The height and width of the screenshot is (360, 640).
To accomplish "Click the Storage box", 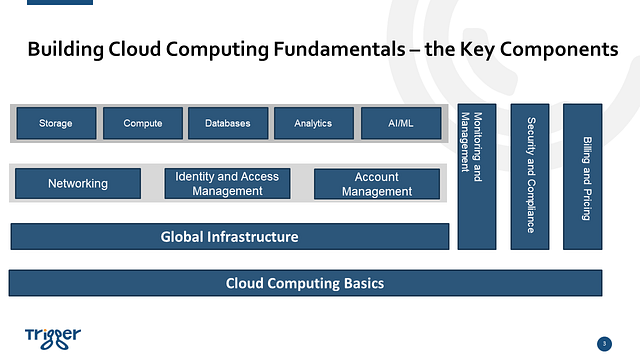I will tap(56, 123).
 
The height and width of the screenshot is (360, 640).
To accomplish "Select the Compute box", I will tap(143, 123).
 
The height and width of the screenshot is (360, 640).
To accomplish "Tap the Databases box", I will tap(228, 123).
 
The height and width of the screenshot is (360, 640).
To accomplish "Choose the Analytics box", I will tap(313, 123).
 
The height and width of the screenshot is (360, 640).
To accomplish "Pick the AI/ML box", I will tap(399, 123).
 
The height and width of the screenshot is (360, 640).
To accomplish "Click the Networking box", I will tap(78, 184).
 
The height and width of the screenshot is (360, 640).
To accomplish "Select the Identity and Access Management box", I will tap(227, 184).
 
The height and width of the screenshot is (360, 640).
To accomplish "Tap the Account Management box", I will tap(376, 184).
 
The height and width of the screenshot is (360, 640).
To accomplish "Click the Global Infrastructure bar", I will tap(229, 237).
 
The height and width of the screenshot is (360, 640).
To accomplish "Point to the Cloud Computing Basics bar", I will tap(305, 283).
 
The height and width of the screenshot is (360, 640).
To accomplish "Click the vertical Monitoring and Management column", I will tap(476, 176).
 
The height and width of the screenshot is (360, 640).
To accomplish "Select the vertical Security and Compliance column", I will tap(530, 176).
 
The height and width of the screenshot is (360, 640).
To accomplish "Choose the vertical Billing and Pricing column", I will tap(583, 176).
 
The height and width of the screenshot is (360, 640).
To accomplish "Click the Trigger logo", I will tap(52, 335).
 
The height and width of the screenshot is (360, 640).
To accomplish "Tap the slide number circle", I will tap(603, 344).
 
